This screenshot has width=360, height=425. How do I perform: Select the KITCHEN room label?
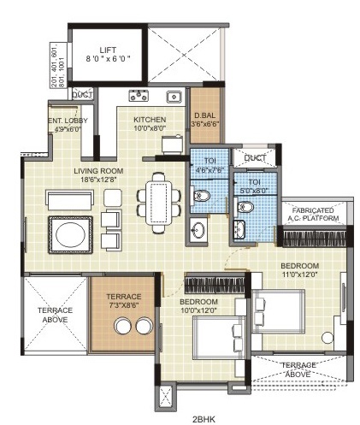point(150,120)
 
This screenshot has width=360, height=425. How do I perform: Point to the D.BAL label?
point(204,119)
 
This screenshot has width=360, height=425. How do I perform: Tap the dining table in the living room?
point(158,204)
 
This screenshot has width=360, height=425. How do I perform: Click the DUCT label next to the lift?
point(83,94)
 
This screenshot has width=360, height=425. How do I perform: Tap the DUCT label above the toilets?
point(255,158)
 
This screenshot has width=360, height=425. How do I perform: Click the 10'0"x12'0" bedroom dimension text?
point(198,310)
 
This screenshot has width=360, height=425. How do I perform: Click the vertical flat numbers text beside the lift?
point(56,64)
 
